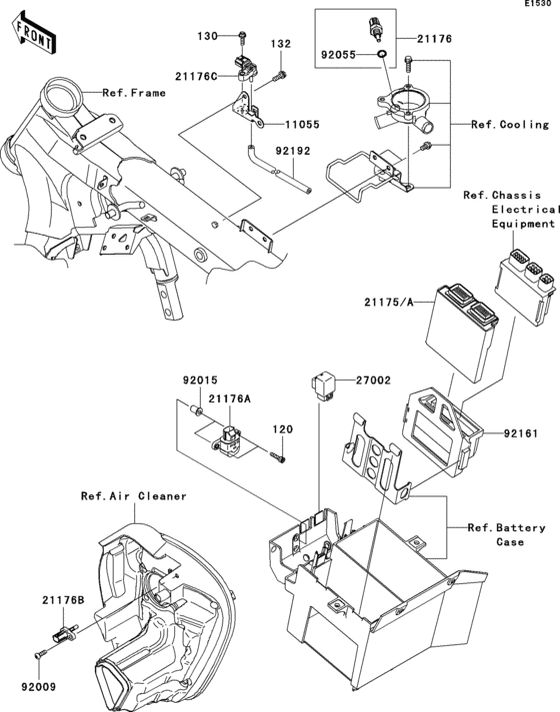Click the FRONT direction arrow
[35, 34]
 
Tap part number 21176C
[196, 77]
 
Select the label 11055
[303, 125]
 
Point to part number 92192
[293, 151]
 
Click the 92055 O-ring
[382, 55]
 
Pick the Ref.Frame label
[134, 93]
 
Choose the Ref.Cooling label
[510, 125]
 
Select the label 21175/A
[389, 302]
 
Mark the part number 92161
[520, 433]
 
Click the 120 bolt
[278, 456]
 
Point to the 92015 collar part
[197, 412]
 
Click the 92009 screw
[40, 654]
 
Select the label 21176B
[64, 600]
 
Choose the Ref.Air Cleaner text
[134, 496]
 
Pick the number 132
[281, 44]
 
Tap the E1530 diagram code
[542, 4]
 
